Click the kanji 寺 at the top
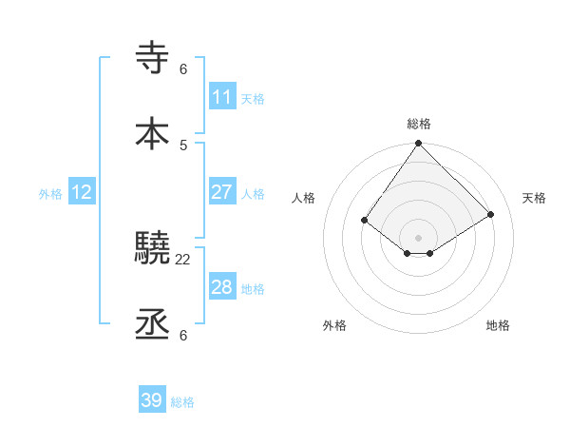pos(153,58)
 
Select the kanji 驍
pos(153,248)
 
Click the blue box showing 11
pos(221,97)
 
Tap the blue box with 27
pos(221,192)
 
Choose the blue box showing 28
pos(221,287)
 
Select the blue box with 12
pos(82,192)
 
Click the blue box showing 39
pos(152,400)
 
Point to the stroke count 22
pos(183,259)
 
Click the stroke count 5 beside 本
pos(183,145)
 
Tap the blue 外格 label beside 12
pos(50,194)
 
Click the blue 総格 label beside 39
pos(182,402)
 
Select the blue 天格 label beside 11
pos(253,99)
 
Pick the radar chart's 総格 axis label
pos(419,124)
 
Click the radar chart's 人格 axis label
pos(304,198)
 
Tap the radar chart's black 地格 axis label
pos(498,325)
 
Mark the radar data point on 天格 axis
pos(491,214)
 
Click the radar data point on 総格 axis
pos(419,144)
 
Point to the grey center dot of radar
pos(419,237)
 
